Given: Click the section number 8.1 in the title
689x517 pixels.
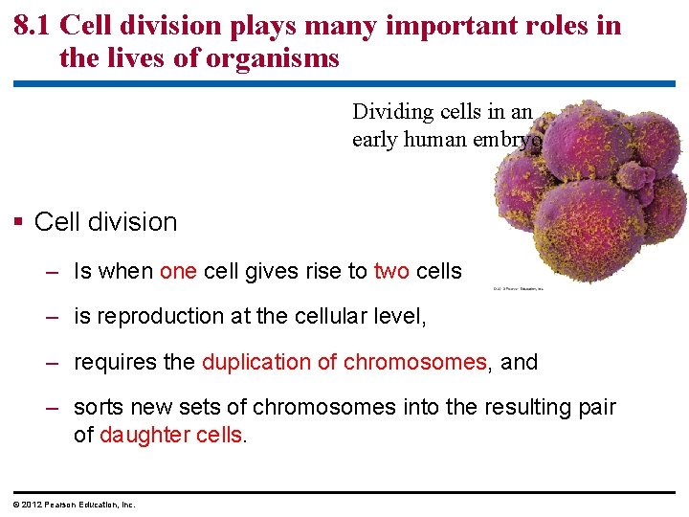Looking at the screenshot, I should (x=33, y=25).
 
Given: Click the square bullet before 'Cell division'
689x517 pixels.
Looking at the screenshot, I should (x=19, y=222).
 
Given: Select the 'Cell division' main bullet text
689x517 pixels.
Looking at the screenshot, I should (x=105, y=222).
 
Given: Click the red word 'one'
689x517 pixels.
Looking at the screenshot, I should (x=178, y=271).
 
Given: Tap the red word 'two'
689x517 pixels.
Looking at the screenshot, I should (x=391, y=271).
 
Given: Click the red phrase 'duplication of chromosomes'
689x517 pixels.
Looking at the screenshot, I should (x=344, y=362).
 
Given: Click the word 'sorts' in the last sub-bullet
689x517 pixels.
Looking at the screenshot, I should (x=99, y=407).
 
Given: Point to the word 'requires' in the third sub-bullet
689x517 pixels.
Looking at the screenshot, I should (x=110, y=362).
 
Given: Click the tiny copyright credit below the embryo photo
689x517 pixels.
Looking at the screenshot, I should (x=518, y=288).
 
